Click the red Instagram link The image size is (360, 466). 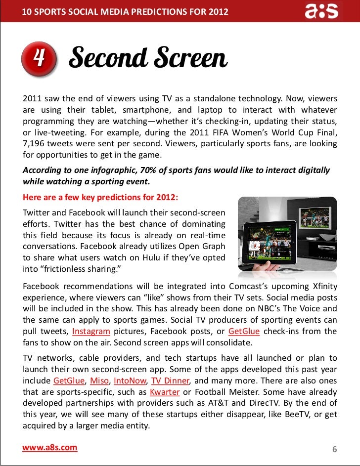(90, 331)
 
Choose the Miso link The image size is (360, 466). (100, 381)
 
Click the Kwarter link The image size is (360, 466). (178, 392)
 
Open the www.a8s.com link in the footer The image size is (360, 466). (50, 448)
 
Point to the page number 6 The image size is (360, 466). (334, 449)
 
